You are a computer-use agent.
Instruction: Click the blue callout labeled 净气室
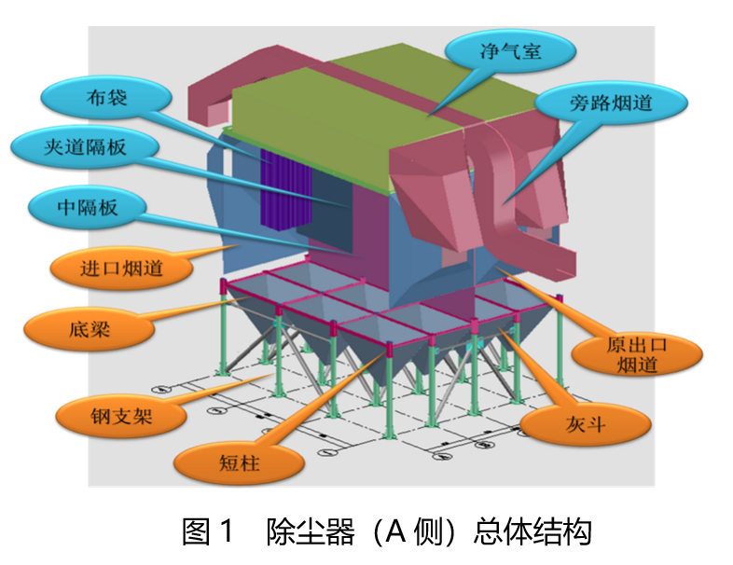(508, 51)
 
